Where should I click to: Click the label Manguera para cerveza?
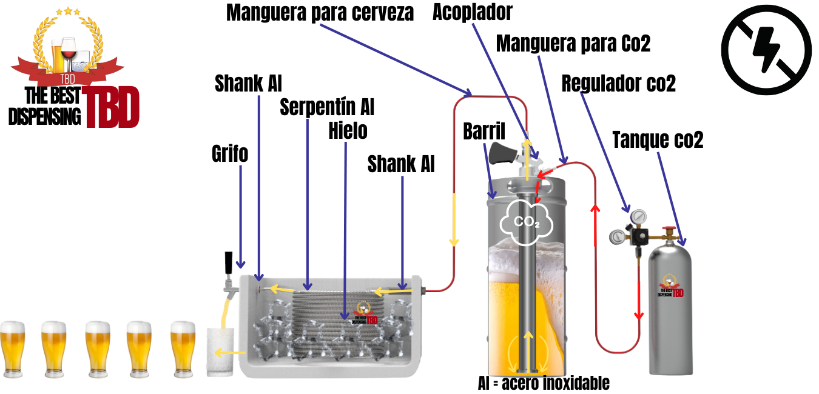click(x=320, y=13)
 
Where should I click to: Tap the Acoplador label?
click(x=473, y=12)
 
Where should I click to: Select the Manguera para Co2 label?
click(x=573, y=44)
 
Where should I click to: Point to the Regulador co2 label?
click(x=619, y=84)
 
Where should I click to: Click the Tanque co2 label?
click(x=658, y=140)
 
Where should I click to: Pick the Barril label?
click(x=484, y=132)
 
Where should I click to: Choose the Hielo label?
click(x=348, y=131)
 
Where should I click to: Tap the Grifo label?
click(x=230, y=154)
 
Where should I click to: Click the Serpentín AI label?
click(x=327, y=107)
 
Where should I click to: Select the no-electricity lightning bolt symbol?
click(x=767, y=50)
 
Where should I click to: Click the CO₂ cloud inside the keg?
click(x=526, y=222)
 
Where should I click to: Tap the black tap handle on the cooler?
click(x=229, y=262)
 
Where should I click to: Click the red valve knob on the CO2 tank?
click(x=669, y=229)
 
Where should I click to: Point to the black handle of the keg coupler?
click(x=502, y=153)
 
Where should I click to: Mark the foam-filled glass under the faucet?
click(x=220, y=352)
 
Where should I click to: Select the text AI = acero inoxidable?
click(x=544, y=384)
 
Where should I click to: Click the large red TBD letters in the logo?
click(x=110, y=107)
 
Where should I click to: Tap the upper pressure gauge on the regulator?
click(x=638, y=217)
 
